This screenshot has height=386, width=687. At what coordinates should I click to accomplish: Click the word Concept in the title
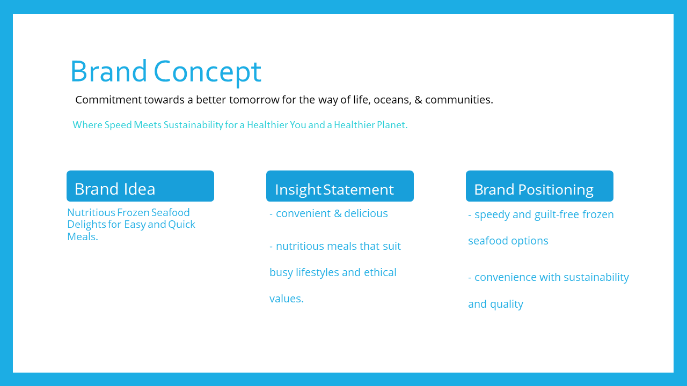click(207, 72)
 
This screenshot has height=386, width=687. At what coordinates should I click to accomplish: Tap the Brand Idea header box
click(140, 186)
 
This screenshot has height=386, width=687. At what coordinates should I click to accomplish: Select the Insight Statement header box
click(340, 186)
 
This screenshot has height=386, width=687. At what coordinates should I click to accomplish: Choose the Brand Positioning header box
click(539, 186)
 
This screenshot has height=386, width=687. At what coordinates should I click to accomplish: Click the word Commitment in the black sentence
click(108, 100)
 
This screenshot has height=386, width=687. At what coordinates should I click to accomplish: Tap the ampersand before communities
click(418, 100)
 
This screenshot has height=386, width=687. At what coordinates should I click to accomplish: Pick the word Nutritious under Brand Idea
click(91, 212)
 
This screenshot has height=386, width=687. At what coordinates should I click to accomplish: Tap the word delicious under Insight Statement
click(366, 213)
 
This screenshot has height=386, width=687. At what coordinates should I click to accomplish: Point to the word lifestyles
click(317, 272)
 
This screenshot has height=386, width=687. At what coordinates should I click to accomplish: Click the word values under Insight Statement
click(287, 299)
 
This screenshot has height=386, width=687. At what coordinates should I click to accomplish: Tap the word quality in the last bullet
click(507, 304)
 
